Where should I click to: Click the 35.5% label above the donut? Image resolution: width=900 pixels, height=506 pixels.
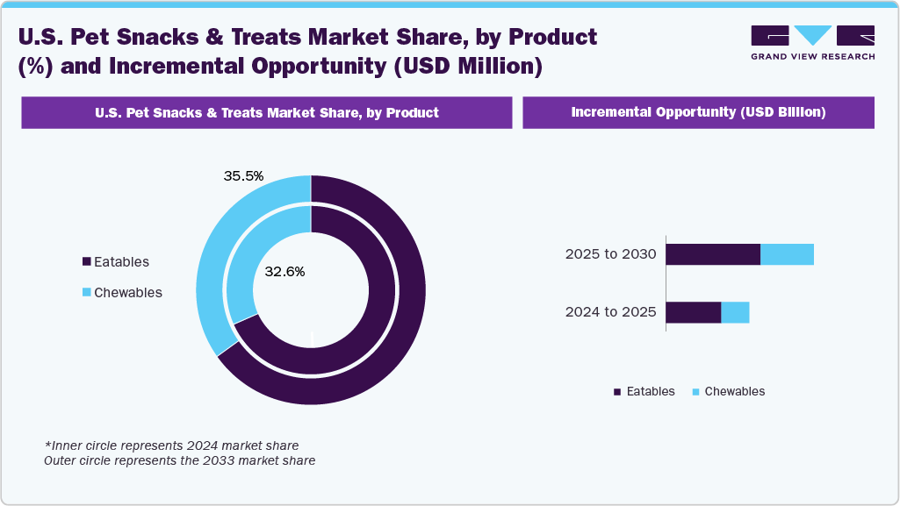[x=243, y=175]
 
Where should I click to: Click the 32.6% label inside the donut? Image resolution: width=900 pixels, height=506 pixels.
[x=284, y=272]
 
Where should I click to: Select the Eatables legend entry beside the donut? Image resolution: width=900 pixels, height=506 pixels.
[x=115, y=261]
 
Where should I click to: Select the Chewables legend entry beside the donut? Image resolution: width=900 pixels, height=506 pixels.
[x=121, y=292]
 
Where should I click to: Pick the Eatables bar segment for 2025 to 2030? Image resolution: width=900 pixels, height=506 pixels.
[x=712, y=254]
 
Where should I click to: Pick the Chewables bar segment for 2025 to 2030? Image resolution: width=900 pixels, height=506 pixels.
[x=787, y=254]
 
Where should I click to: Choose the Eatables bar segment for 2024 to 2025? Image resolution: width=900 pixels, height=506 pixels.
[x=693, y=312]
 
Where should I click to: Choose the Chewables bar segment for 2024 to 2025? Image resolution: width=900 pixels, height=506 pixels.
[x=735, y=312]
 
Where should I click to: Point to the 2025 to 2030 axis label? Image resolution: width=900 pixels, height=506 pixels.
[x=610, y=254]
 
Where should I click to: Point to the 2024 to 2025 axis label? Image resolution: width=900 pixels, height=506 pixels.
[x=610, y=311]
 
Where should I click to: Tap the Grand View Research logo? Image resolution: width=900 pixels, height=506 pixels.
[x=812, y=42]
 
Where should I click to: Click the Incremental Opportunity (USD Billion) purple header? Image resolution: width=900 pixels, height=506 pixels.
[x=698, y=112]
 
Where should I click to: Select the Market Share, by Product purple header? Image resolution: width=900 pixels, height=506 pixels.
[x=266, y=112]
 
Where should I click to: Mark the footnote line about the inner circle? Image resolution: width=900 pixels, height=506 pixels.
[x=171, y=445]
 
